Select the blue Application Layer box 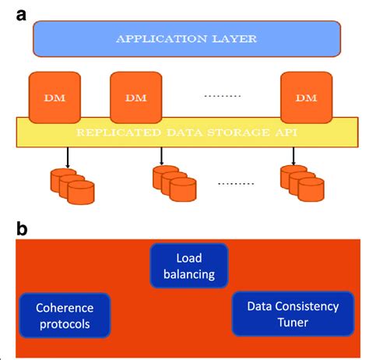click(186, 37)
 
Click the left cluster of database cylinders click(72, 185)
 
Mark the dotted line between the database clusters click(236, 184)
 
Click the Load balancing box click(189, 265)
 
